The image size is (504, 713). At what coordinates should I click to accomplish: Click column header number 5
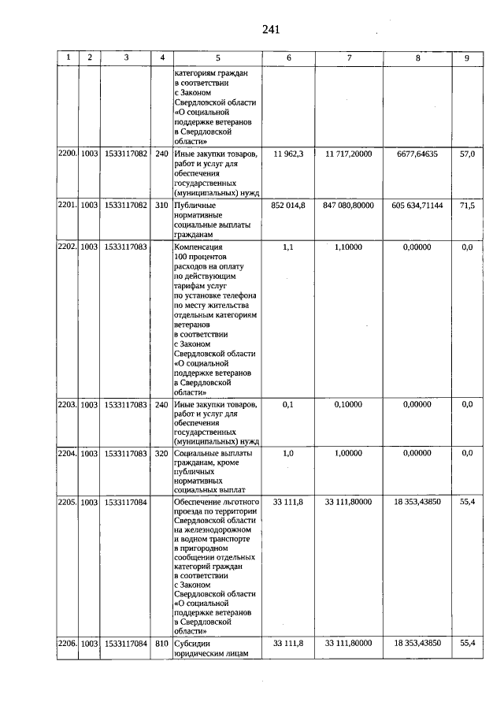[x=217, y=58]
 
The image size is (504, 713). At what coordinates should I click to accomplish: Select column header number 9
[x=467, y=58]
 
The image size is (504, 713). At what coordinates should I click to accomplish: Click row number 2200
[x=67, y=154]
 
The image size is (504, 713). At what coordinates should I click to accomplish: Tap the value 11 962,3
[x=288, y=154]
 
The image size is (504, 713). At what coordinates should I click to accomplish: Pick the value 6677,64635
[x=417, y=154]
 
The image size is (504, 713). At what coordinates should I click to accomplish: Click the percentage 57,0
[x=467, y=154]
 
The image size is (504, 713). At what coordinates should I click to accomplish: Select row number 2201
[x=67, y=205]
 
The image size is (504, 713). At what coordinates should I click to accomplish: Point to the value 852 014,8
[x=288, y=205]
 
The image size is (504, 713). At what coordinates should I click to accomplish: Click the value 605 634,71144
[x=417, y=205]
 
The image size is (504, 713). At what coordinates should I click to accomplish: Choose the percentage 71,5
[x=467, y=205]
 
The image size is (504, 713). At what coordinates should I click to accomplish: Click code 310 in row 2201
[x=161, y=205]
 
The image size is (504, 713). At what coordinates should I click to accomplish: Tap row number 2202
[x=67, y=247]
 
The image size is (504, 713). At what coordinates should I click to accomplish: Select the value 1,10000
[x=349, y=247]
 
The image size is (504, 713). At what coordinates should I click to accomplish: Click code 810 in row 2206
[x=161, y=644]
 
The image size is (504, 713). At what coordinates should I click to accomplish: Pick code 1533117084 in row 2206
[x=126, y=644]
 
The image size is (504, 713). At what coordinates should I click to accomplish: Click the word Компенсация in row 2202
[x=199, y=247]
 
